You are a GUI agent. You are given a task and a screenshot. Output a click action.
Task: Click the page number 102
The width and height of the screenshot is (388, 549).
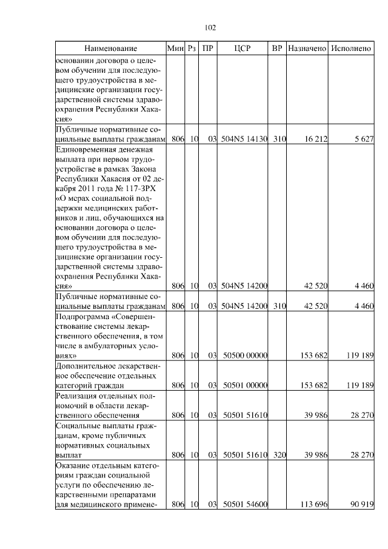pos(210,28)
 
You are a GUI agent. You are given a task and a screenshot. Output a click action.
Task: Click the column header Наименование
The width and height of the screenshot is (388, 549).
pos(110,48)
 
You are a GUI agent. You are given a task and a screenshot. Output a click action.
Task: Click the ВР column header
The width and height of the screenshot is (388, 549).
pos(277,48)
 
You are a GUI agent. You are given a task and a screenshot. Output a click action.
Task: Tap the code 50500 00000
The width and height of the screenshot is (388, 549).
pos(246,355)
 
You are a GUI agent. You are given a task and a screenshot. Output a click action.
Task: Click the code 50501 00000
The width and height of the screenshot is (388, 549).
pos(246,385)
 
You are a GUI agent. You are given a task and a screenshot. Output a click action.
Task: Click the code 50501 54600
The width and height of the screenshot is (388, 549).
pos(246,504)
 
